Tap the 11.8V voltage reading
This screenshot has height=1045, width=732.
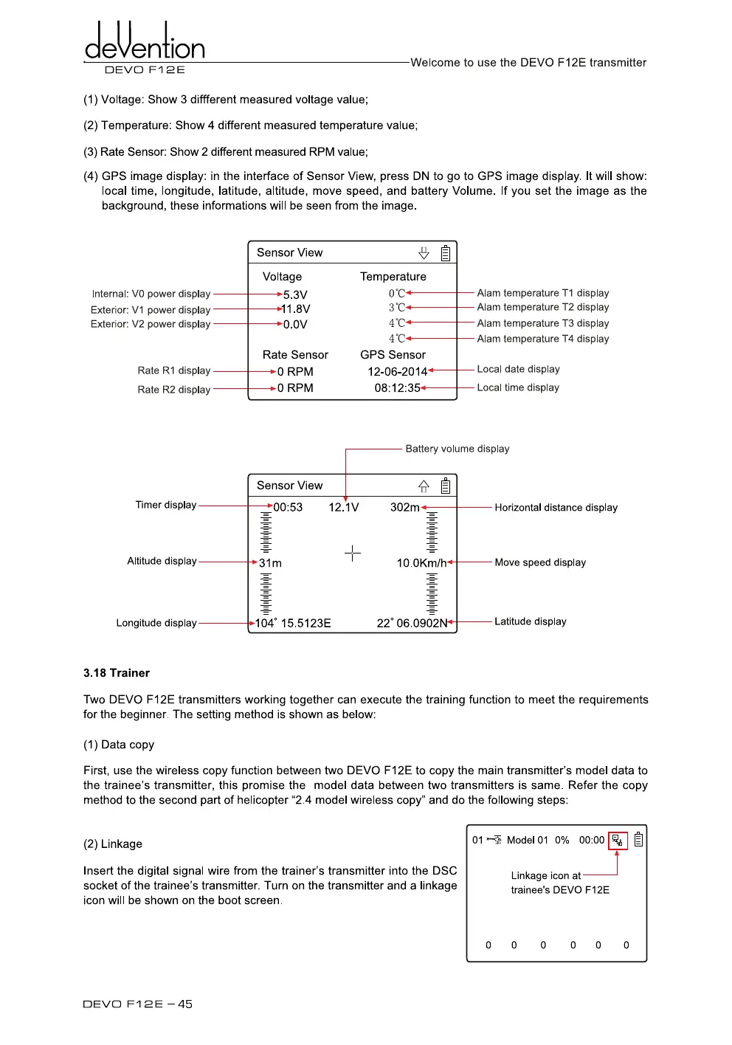point(296,309)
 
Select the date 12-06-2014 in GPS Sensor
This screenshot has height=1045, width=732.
point(397,371)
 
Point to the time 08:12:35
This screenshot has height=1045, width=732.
point(397,388)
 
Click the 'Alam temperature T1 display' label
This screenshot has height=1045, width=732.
point(542,293)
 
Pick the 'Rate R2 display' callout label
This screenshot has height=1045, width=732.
point(173,390)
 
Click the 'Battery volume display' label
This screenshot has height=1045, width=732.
point(457,449)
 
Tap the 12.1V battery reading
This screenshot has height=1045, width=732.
point(343,508)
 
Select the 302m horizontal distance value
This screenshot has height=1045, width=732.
point(404,508)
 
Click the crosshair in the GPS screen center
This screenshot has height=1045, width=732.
point(353,553)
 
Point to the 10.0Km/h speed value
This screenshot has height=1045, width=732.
point(421,563)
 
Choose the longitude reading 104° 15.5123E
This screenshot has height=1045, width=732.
point(293,624)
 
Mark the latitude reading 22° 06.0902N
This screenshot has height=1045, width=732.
point(412,624)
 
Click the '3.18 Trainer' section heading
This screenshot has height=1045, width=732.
point(117,673)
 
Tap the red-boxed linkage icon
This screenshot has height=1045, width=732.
point(618,841)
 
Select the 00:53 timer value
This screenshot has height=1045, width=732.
point(288,508)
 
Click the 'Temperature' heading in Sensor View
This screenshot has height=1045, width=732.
point(393,277)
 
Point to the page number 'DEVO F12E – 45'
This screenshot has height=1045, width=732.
point(137,1004)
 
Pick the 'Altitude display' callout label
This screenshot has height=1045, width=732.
point(162,561)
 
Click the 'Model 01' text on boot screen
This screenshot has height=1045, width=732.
point(527,841)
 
